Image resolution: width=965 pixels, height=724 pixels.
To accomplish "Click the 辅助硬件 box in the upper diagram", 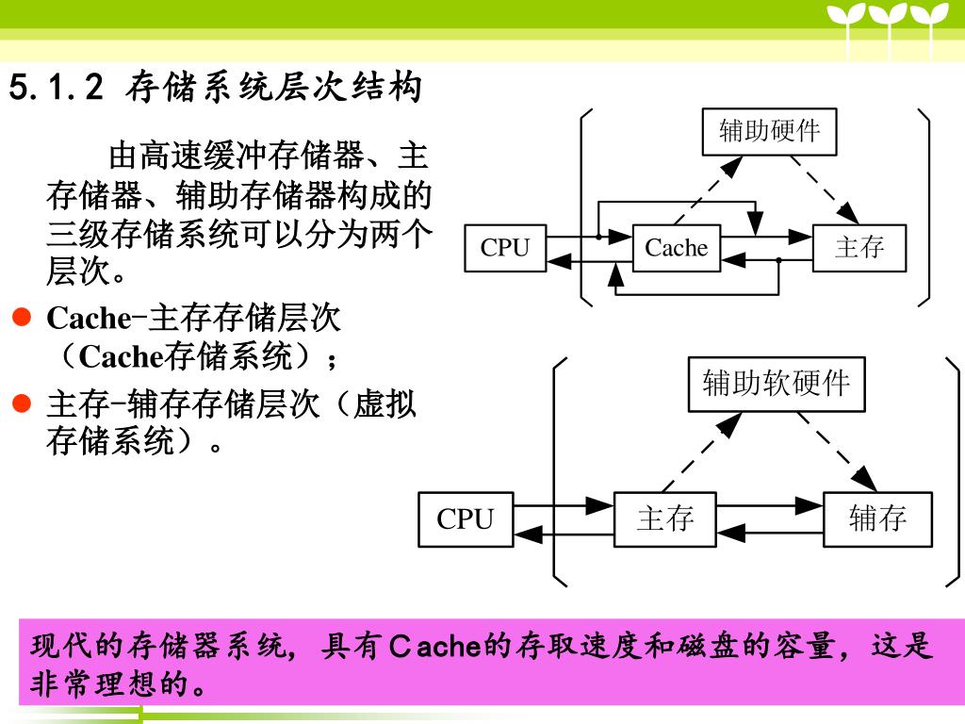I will [x=770, y=130].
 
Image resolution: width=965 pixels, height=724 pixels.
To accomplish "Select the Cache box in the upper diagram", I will [x=677, y=248].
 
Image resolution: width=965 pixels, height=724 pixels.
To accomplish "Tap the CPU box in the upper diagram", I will [x=505, y=248].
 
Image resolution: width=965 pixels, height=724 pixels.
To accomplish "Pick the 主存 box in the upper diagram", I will [x=859, y=248].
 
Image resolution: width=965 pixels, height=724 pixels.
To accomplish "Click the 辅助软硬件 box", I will [x=776, y=384].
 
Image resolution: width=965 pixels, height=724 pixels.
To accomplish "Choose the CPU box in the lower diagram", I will [x=466, y=518].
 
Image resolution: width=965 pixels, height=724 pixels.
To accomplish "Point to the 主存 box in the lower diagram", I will [x=665, y=518].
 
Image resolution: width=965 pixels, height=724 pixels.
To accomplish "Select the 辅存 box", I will [x=877, y=518].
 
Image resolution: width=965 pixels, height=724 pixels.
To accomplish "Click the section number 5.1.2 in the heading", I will [x=55, y=89].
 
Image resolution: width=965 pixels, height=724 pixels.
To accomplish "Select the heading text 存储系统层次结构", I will [x=273, y=89].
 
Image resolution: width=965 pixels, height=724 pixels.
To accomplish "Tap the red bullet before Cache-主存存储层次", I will [x=23, y=318].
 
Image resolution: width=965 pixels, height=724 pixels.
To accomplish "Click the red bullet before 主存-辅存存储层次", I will [x=23, y=405].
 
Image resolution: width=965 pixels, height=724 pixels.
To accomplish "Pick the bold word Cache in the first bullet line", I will [x=88, y=319].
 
